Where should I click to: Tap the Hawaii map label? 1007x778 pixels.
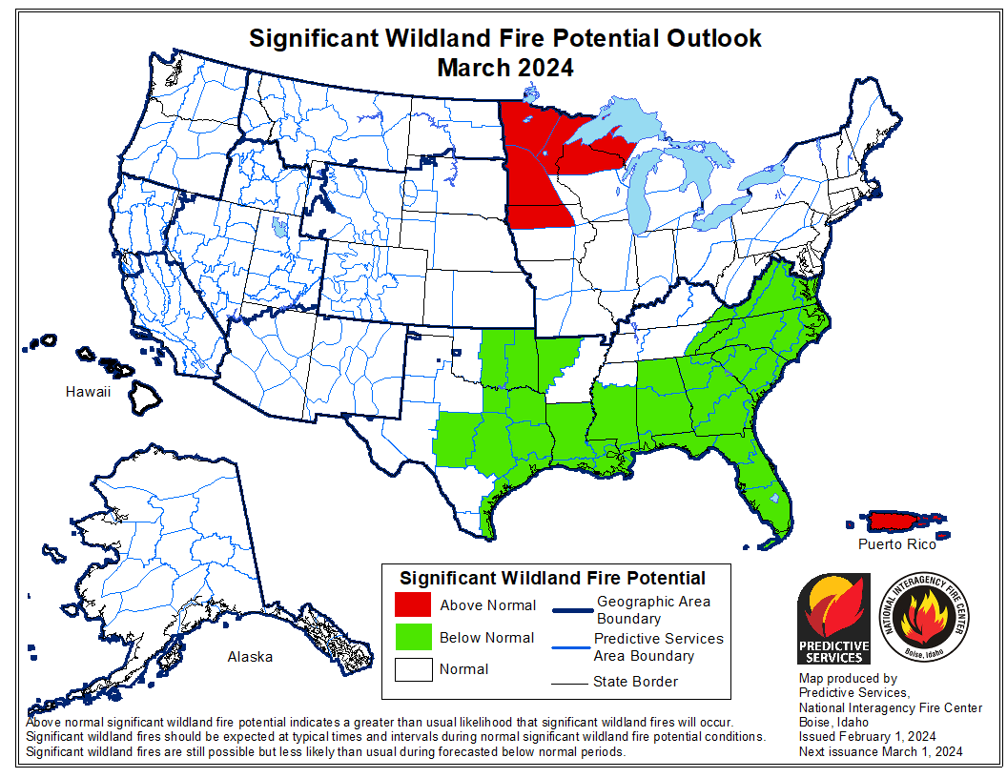click(88, 392)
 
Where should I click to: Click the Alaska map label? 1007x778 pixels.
click(249, 656)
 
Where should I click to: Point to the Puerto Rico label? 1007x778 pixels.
click(895, 544)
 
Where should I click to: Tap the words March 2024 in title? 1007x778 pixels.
click(504, 69)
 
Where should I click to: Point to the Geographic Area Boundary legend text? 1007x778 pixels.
click(653, 610)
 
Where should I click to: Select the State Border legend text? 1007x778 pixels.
click(635, 681)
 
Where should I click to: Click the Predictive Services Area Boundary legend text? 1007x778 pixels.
click(658, 646)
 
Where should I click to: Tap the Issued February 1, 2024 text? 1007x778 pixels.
click(867, 737)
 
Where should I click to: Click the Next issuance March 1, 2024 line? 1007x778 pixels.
click(880, 751)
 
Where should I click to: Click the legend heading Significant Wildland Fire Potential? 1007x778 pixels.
click(552, 578)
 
